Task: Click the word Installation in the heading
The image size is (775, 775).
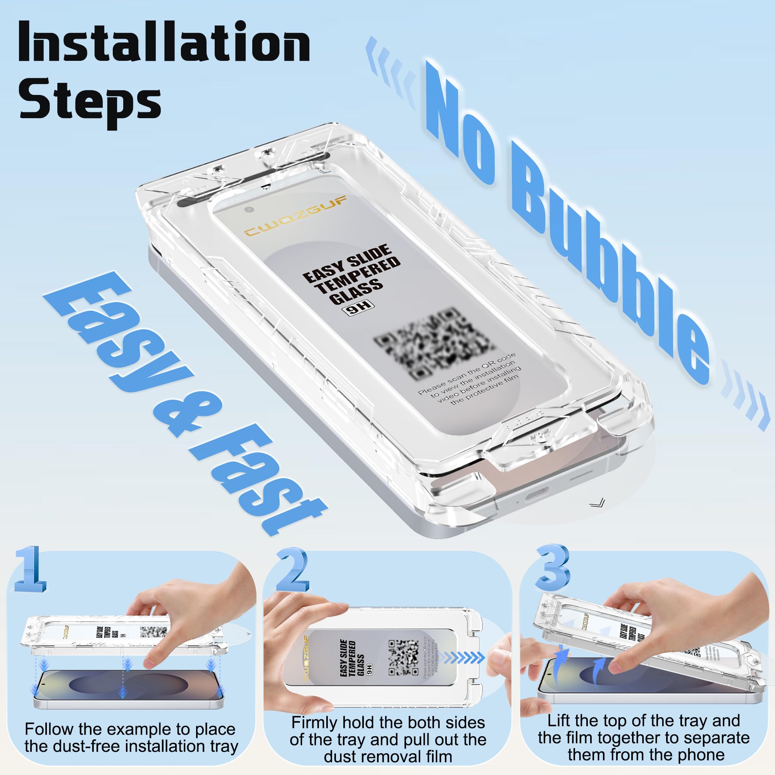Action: (164, 42)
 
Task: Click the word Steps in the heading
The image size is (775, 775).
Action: (90, 100)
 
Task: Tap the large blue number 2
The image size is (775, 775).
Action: (292, 572)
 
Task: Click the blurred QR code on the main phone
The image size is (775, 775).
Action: (433, 343)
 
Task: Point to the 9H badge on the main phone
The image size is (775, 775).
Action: (358, 309)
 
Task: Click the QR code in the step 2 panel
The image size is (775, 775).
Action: (403, 658)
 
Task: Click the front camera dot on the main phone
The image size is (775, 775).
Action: (250, 209)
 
